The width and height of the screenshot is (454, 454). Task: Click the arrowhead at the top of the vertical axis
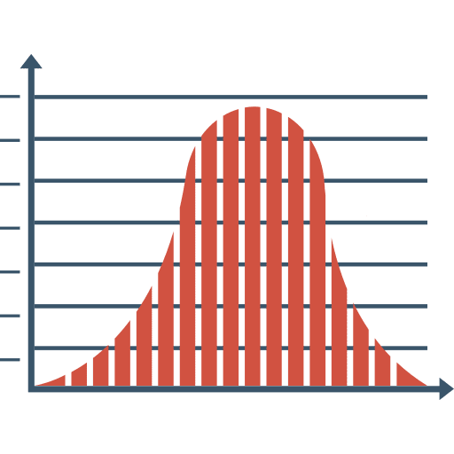click(31, 62)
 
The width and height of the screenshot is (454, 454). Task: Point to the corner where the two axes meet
click(31, 388)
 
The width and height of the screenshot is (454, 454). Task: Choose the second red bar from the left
click(78, 374)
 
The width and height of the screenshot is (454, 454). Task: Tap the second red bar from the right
click(383, 363)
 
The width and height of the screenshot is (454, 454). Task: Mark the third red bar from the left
click(100, 367)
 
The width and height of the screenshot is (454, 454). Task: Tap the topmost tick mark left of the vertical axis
click(11, 97)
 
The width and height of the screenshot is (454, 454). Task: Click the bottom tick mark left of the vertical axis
click(11, 359)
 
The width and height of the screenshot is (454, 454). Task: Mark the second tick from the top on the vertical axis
click(11, 140)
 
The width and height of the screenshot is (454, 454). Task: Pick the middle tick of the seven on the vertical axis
click(11, 228)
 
